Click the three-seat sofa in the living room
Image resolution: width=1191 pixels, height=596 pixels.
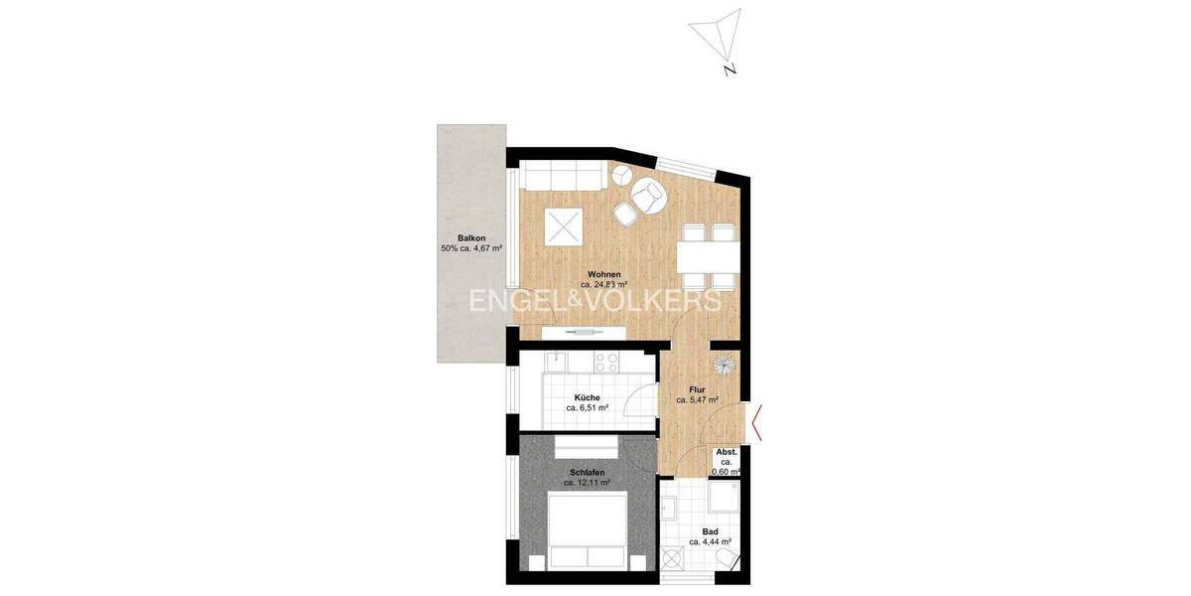pyautogui.click(x=563, y=178)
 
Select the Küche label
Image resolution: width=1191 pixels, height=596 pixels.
pyautogui.click(x=588, y=401)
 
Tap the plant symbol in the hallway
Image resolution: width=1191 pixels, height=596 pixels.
pyautogui.click(x=727, y=364)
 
